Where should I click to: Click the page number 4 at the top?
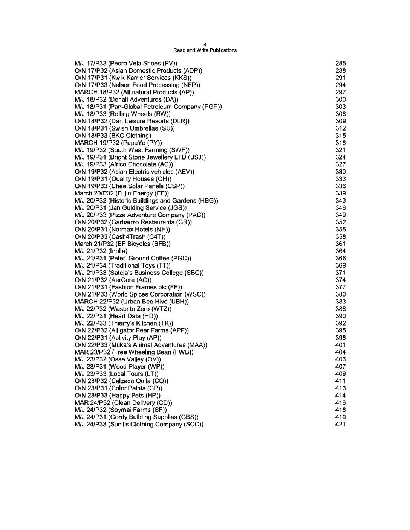click(x=205, y=45)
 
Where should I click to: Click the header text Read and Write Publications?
click(x=205, y=50)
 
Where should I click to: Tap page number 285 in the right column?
click(x=340, y=63)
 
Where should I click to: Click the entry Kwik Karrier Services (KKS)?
click(x=133, y=78)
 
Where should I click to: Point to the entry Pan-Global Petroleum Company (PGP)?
click(x=148, y=107)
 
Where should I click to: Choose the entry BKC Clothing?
click(x=113, y=136)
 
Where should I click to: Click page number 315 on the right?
click(x=340, y=136)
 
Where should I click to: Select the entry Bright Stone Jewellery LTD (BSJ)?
click(x=140, y=157)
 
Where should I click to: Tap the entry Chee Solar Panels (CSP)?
click(x=130, y=186)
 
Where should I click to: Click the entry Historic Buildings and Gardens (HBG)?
click(x=146, y=201)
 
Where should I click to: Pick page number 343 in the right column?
click(x=340, y=201)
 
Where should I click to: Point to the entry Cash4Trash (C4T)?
click(x=120, y=237)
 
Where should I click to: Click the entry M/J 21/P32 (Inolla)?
click(x=101, y=251)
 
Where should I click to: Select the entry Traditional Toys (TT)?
click(x=122, y=266)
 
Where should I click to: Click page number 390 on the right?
click(x=340, y=316)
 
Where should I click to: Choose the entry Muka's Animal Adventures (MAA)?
click(x=141, y=345)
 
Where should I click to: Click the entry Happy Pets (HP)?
click(x=118, y=396)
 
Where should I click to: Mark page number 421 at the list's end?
click(x=340, y=425)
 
